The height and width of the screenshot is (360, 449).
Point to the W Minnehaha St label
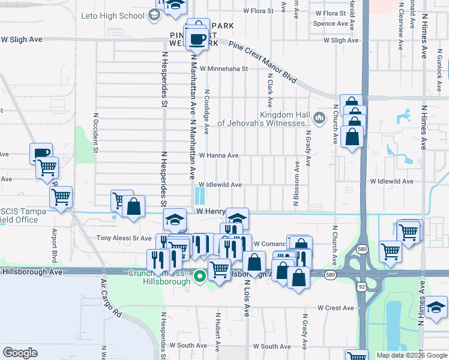[224, 69]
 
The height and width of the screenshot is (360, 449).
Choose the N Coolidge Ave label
[206, 112]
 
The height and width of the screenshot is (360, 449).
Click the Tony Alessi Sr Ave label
[124, 238]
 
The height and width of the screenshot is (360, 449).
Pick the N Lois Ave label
[247, 298]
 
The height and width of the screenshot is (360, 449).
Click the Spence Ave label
[331, 24]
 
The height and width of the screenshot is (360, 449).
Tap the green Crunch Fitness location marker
[200, 276]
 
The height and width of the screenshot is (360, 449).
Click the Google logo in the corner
[20, 353]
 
